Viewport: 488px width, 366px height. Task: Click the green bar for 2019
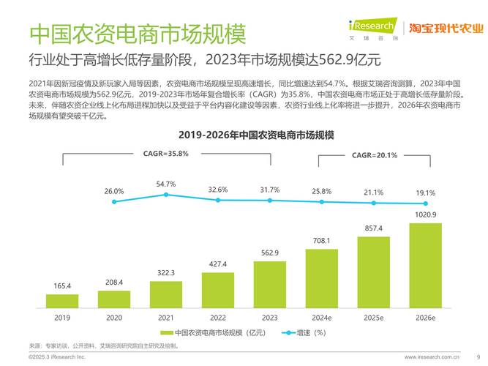tap(63, 300)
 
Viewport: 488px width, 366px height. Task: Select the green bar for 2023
tap(270, 284)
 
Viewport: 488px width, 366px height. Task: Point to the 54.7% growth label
tap(166, 184)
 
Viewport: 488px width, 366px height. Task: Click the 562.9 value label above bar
tap(270, 253)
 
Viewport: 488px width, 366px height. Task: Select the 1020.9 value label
tap(425, 214)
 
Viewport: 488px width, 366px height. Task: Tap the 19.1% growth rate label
tap(425, 193)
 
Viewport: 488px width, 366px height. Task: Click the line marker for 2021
tap(166, 195)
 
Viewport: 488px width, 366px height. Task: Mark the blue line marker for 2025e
tap(374, 203)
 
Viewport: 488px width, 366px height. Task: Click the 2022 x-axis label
tap(218, 318)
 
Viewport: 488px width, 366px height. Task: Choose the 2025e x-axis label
tap(374, 318)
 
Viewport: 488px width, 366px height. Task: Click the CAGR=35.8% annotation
tap(165, 154)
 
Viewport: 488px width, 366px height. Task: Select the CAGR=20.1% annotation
tap(374, 155)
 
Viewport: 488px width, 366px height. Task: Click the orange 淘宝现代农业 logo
tap(446, 29)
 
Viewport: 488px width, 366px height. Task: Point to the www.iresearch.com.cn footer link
tap(432, 356)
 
